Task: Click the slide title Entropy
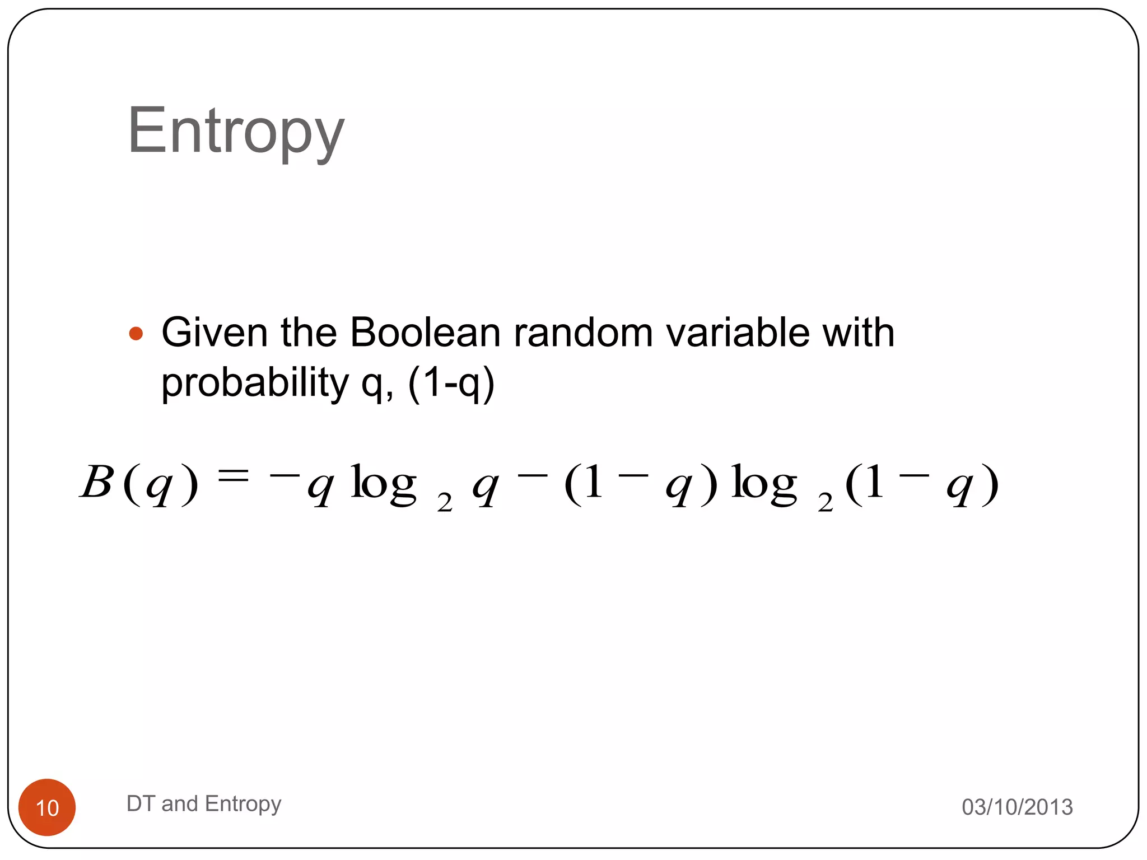click(x=236, y=132)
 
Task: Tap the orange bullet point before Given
click(x=136, y=334)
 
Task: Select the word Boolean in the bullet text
click(x=425, y=333)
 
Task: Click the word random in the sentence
click(x=583, y=333)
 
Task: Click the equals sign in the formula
click(x=232, y=476)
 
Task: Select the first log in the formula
click(x=383, y=484)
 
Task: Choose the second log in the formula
click(x=764, y=484)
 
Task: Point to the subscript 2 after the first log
click(x=445, y=503)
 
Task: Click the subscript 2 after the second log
click(x=825, y=503)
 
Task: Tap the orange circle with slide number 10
click(x=47, y=807)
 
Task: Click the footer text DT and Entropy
click(x=204, y=804)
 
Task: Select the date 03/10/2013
click(x=1017, y=807)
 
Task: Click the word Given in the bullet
click(x=215, y=333)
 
